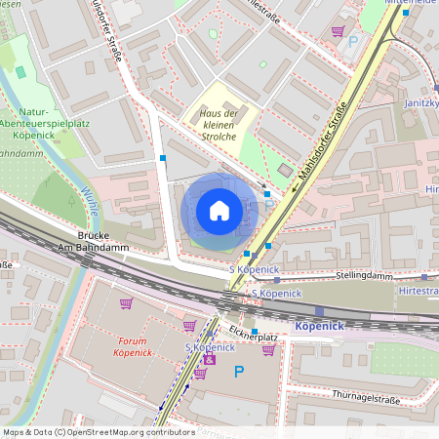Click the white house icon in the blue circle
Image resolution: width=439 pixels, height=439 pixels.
219,211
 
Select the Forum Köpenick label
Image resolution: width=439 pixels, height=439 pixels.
139,347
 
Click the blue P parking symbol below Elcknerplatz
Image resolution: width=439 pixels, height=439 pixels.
239,371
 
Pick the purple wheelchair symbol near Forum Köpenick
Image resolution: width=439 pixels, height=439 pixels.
208,361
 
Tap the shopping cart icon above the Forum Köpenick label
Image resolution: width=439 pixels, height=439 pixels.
126,303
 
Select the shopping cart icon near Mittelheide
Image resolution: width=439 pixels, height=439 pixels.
338,31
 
